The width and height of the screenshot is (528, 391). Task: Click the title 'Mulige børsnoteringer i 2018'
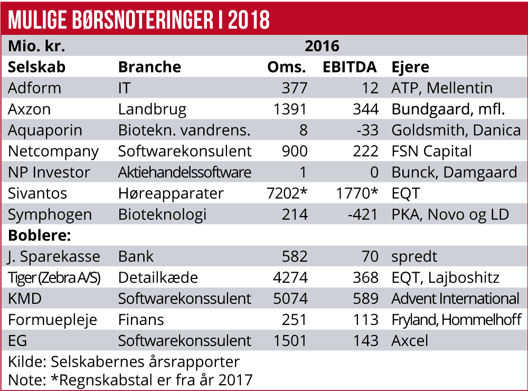139,19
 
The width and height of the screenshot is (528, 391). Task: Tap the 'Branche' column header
149,67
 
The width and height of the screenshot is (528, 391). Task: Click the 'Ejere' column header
410,67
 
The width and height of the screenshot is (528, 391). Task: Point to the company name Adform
34,88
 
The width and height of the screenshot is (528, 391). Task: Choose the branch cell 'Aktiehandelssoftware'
185,172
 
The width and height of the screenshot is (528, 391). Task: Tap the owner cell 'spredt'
414,256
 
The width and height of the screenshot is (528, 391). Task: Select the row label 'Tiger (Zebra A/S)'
54,277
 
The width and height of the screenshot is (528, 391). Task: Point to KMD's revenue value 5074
290,299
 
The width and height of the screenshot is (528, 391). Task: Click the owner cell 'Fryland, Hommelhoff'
456,320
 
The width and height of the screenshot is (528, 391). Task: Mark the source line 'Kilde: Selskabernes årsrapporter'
124,362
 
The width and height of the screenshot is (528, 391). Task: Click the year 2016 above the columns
322,46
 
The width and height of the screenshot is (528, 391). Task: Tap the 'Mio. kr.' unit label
36,46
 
